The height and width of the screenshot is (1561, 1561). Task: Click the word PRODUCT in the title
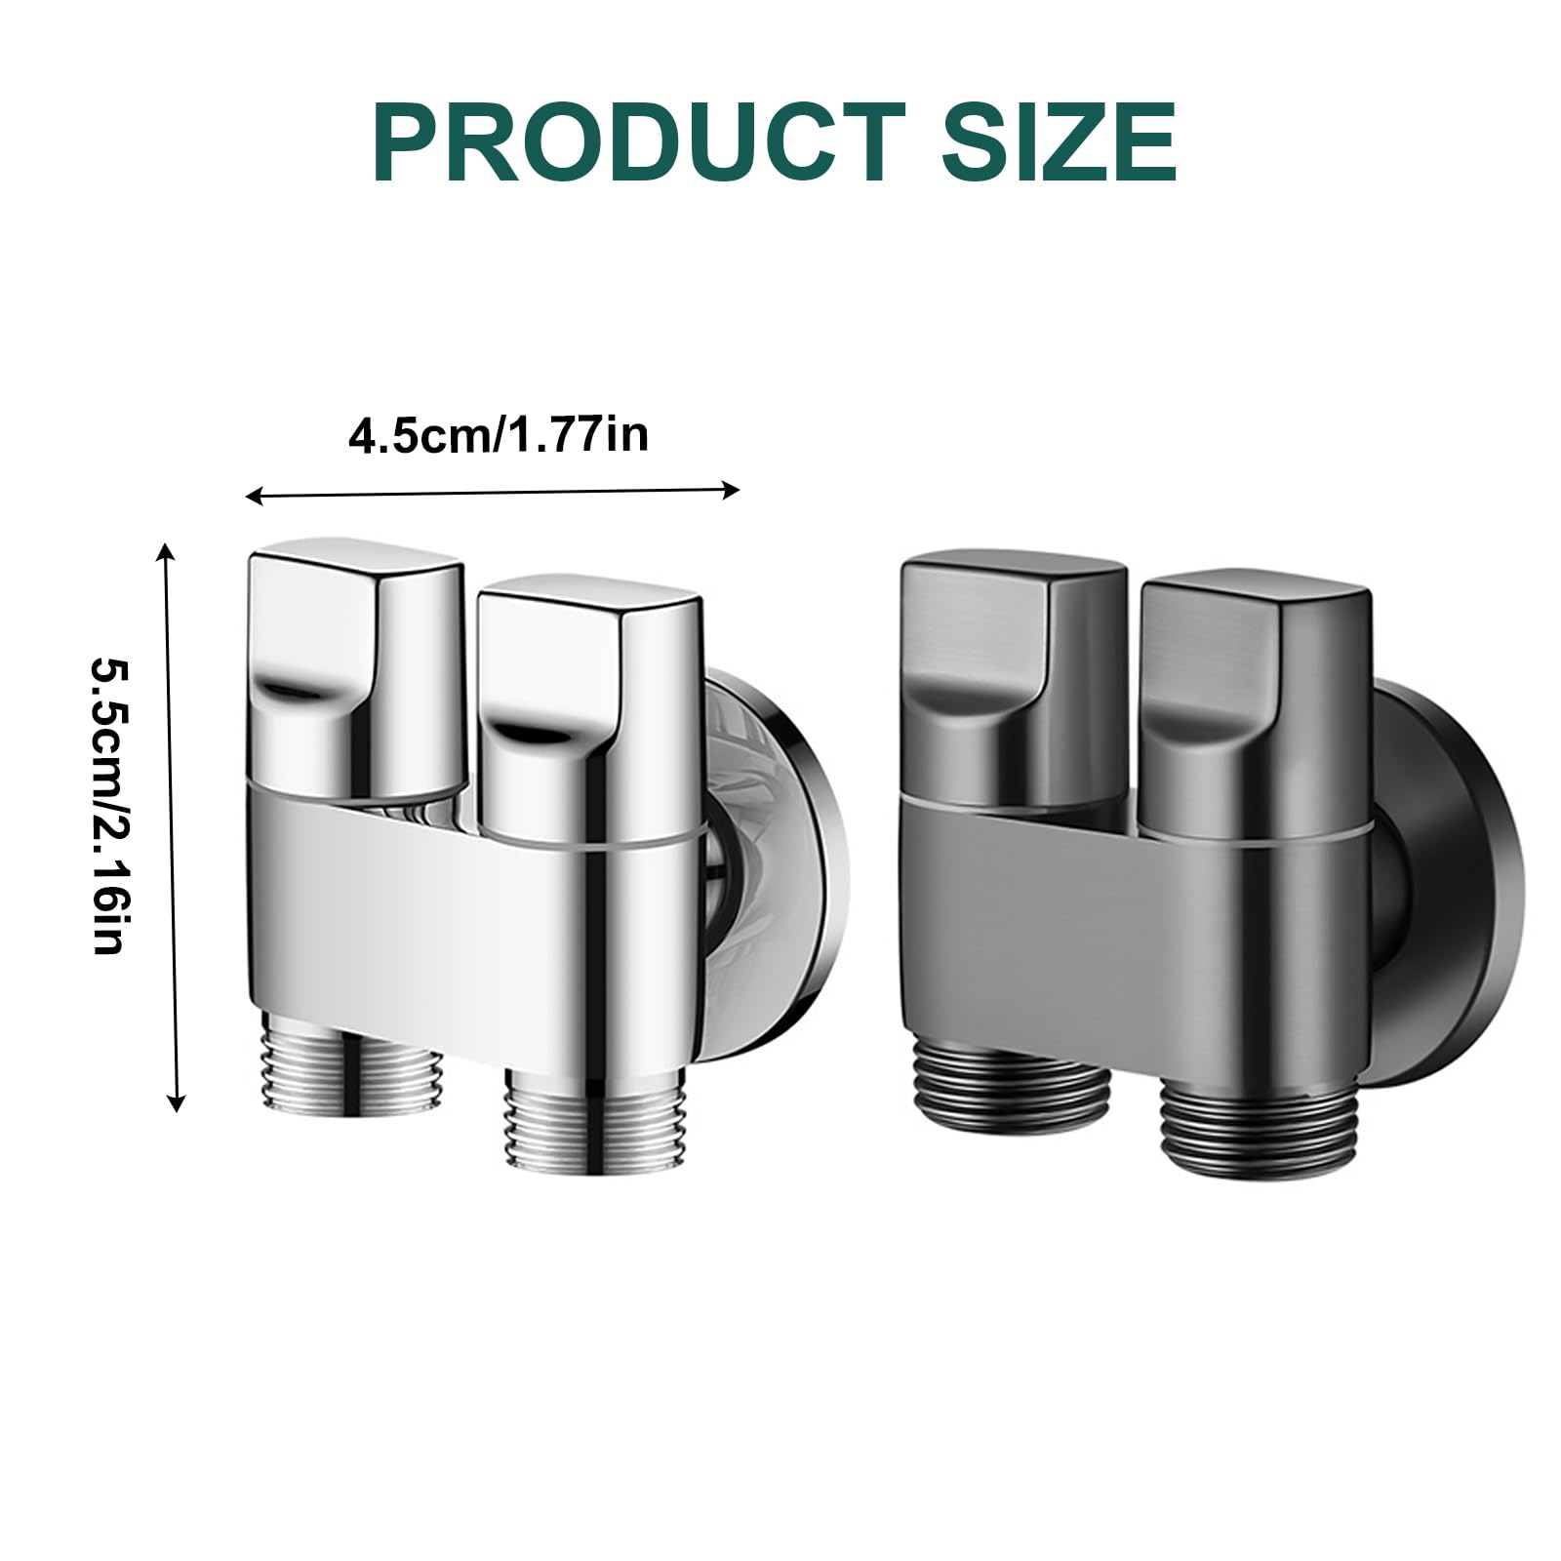click(x=639, y=143)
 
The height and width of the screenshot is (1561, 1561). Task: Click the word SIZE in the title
click(x=1059, y=143)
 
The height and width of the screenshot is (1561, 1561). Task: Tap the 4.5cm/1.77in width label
click(x=499, y=434)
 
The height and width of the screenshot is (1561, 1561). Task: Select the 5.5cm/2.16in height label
click(x=108, y=806)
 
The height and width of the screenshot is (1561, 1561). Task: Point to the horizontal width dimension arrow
click(x=493, y=494)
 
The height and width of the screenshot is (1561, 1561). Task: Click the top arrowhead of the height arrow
click(x=167, y=552)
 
